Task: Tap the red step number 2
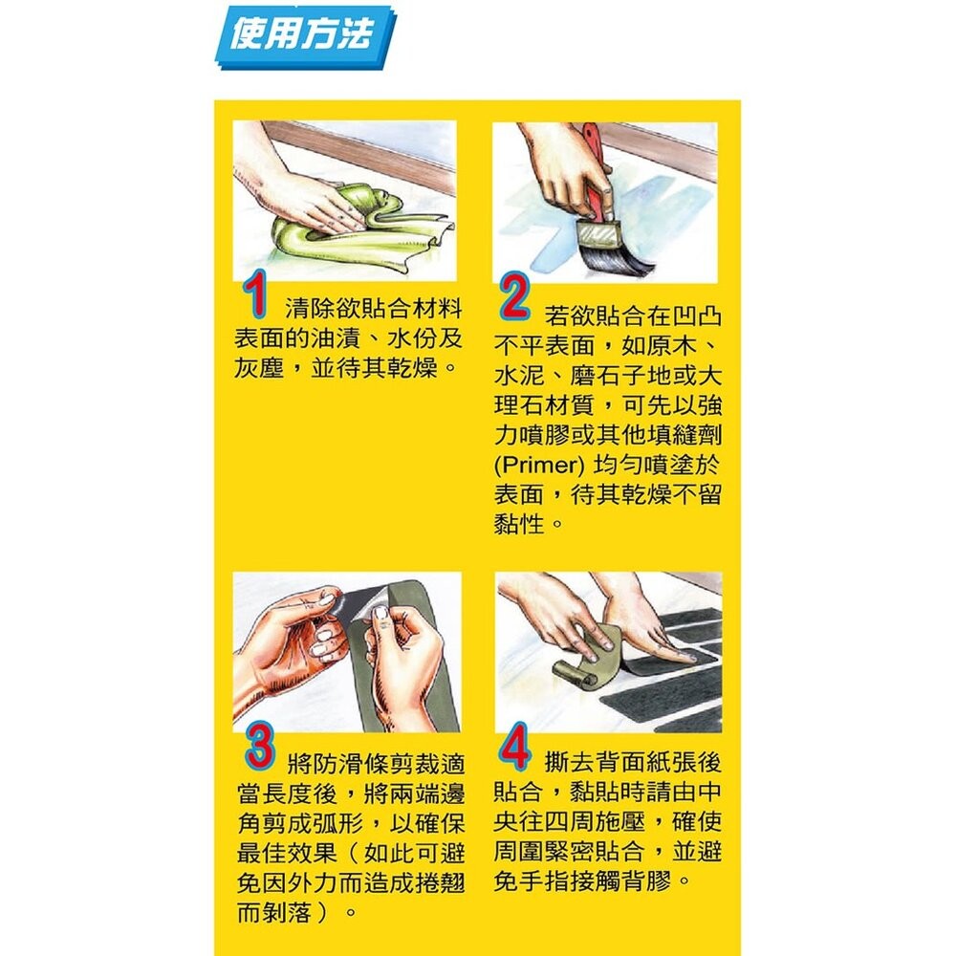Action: click(x=513, y=299)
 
